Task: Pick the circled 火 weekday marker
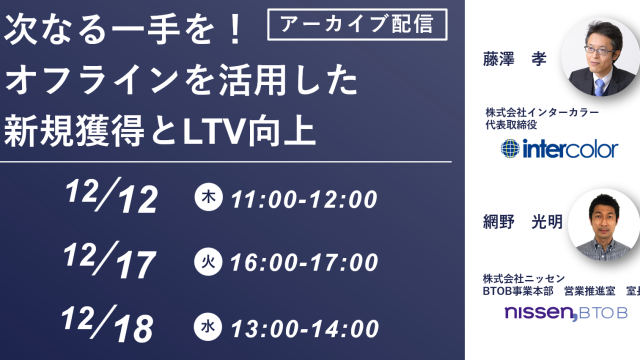click(x=206, y=263)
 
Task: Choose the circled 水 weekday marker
click(x=206, y=326)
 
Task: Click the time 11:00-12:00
click(x=303, y=199)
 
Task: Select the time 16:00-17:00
click(x=303, y=263)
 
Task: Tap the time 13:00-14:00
click(x=303, y=326)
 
